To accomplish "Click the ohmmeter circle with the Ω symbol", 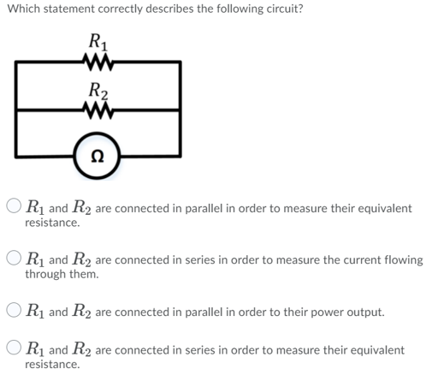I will point(98,155).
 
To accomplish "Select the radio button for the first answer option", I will point(15,207).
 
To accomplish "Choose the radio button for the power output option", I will point(15,312).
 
